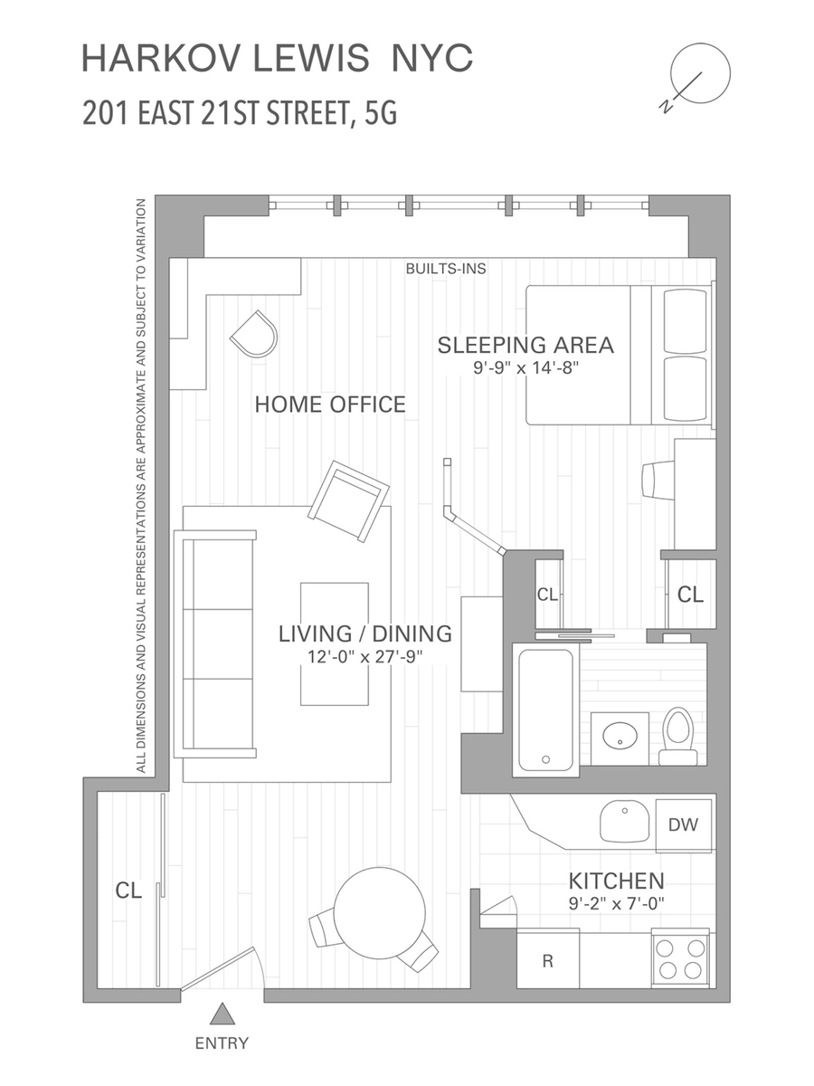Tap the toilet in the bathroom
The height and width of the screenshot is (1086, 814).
click(x=677, y=736)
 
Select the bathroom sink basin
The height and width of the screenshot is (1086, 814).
click(x=620, y=737)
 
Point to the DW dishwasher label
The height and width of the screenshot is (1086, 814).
click(x=683, y=824)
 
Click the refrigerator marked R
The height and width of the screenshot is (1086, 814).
click(x=547, y=960)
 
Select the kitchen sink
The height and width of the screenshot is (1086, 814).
click(x=625, y=821)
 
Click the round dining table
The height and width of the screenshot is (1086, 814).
click(x=380, y=913)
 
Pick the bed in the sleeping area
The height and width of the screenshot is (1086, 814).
click(x=620, y=355)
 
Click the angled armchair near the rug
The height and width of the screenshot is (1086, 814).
click(x=348, y=501)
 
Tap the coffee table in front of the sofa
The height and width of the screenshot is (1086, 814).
click(x=335, y=643)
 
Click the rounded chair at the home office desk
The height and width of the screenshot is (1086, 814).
click(x=254, y=334)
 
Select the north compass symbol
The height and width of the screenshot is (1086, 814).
click(x=696, y=77)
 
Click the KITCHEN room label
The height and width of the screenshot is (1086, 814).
click(x=616, y=881)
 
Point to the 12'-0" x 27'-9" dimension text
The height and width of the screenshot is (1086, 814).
click(x=365, y=656)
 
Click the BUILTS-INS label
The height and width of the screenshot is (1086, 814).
click(x=446, y=269)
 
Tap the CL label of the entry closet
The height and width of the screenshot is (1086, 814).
click(x=128, y=891)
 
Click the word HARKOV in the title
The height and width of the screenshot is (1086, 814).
click(x=163, y=58)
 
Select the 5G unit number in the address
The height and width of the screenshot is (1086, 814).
click(x=381, y=113)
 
